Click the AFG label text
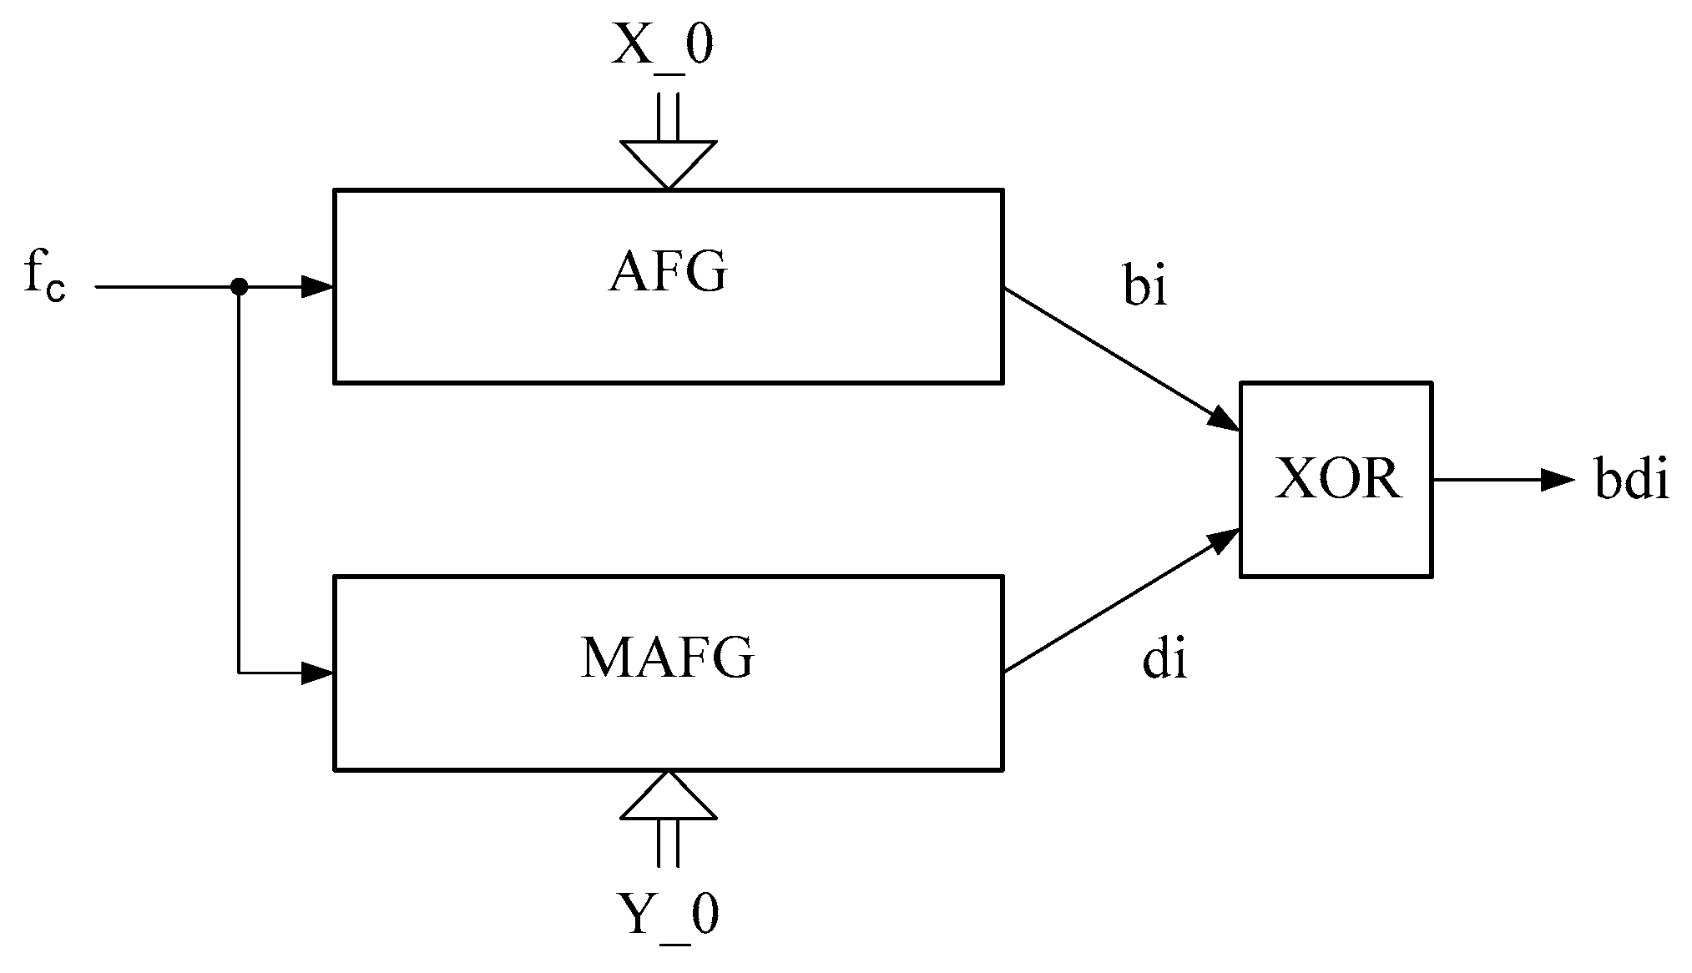(667, 272)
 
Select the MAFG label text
(667, 658)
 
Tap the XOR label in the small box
(1337, 480)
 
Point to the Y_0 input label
(667, 915)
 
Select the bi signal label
(1144, 286)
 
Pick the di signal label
(1164, 660)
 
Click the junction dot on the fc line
(239, 287)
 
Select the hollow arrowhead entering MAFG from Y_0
(668, 798)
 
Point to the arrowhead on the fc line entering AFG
(318, 287)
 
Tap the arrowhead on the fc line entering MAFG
(318, 673)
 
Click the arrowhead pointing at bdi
(1557, 480)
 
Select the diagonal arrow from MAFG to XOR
(1119, 600)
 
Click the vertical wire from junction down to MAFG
(239, 484)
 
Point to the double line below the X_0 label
(667, 117)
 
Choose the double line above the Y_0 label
(667, 843)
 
